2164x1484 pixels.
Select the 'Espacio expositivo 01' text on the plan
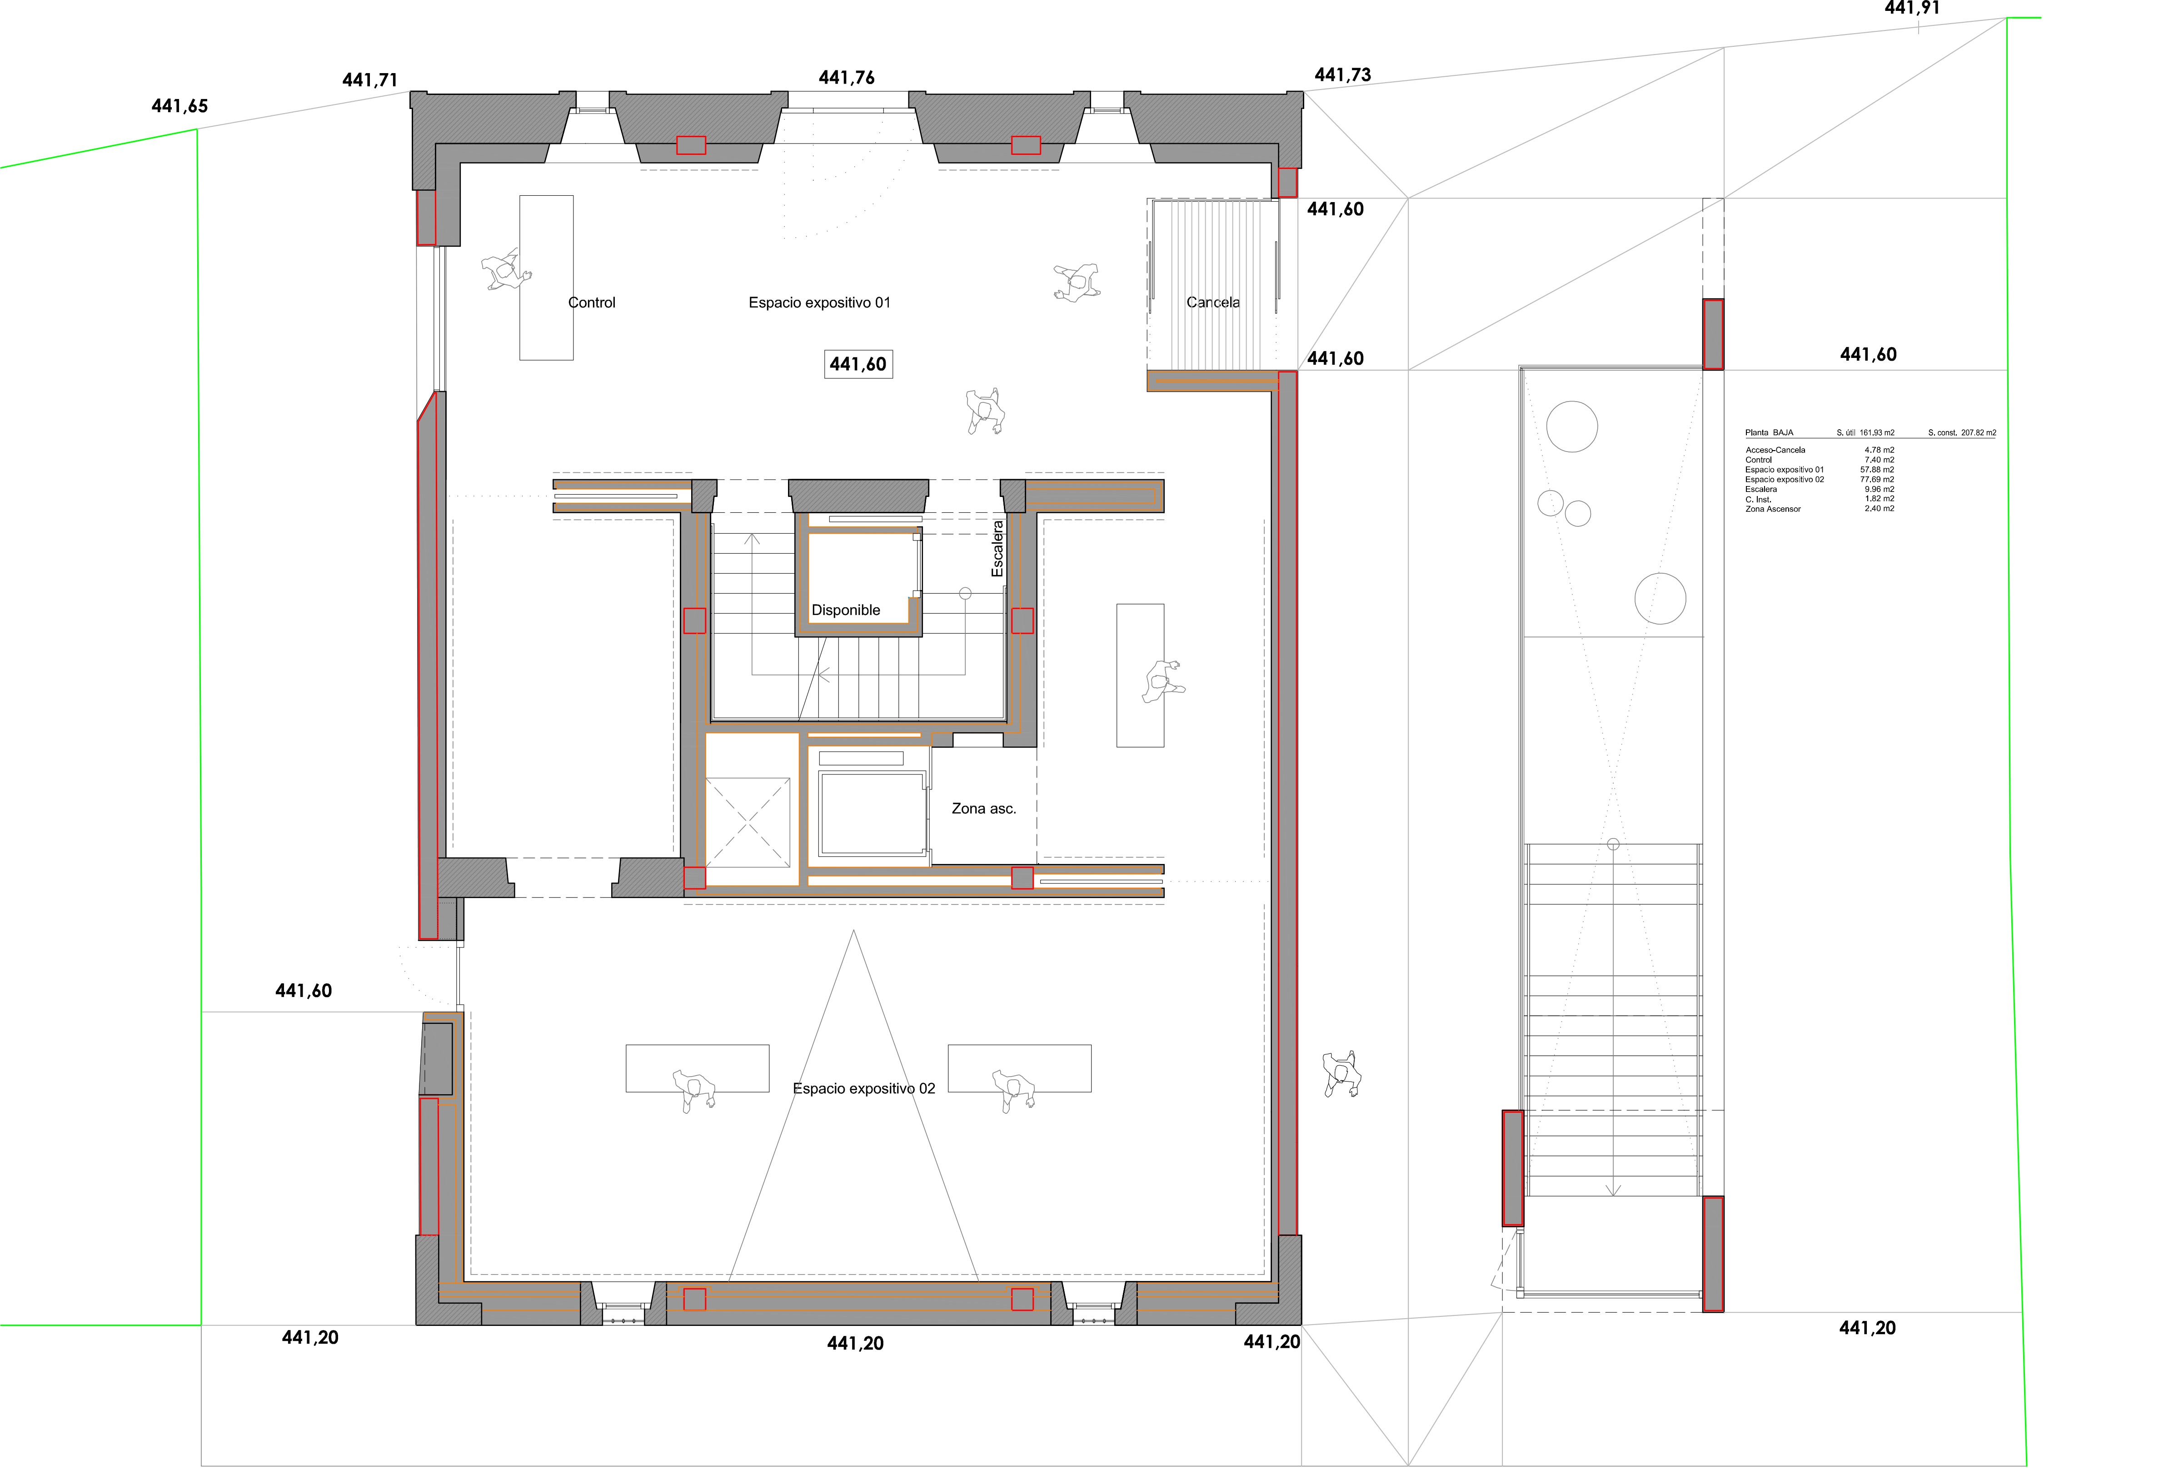[x=819, y=303]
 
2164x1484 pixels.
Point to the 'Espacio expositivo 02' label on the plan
[x=864, y=1088]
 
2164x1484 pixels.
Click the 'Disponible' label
[x=846, y=610]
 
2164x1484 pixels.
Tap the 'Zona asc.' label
[x=983, y=808]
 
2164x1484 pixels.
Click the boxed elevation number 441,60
[x=858, y=364]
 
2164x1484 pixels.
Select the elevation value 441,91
[x=1913, y=8]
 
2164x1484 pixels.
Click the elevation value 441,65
[x=180, y=106]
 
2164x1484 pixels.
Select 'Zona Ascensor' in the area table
[x=1773, y=509]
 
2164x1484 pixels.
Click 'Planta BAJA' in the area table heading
[x=1769, y=433]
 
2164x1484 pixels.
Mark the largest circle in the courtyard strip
[x=1572, y=427]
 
